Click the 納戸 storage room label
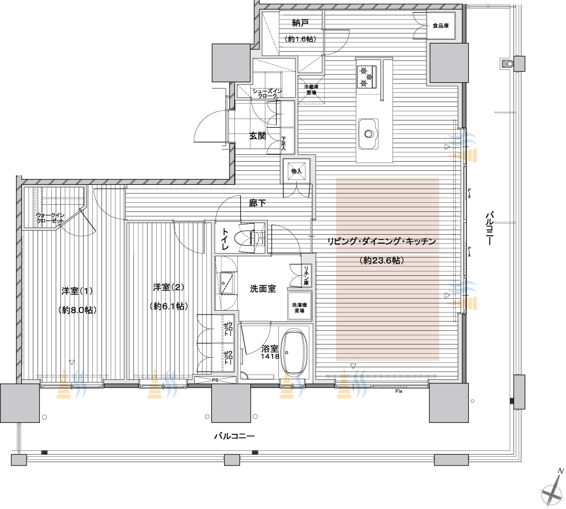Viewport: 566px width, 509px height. point(300,23)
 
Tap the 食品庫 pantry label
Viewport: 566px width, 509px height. point(440,26)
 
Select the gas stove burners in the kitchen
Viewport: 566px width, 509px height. point(366,76)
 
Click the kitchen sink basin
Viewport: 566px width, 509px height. point(368,134)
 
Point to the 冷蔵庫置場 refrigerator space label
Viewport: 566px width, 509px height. point(311,90)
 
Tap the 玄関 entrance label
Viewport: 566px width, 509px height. point(258,136)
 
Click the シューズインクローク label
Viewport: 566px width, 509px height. point(267,93)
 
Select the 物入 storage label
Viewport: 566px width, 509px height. point(296,171)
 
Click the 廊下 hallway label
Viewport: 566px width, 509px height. point(257,203)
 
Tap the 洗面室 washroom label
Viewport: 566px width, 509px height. point(263,289)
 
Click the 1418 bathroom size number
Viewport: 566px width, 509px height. point(270,357)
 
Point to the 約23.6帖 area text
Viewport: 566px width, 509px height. point(382,260)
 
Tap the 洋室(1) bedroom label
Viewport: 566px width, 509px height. point(77,291)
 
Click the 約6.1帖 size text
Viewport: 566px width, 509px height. point(169,306)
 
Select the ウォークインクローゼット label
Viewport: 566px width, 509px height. point(51,218)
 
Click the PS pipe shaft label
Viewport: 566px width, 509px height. point(215,380)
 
